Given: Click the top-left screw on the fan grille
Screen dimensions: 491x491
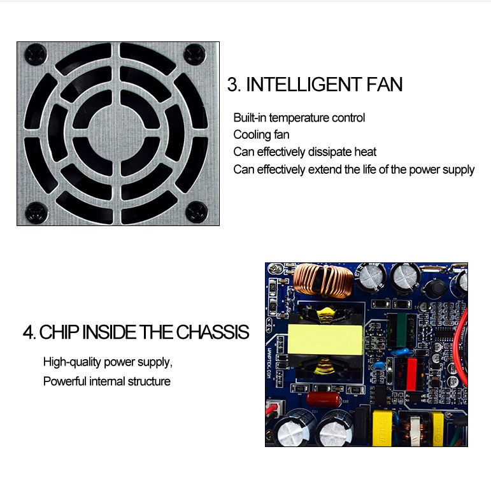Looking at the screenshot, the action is tap(36, 55).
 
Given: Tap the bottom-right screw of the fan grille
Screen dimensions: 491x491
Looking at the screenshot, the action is tap(197, 212).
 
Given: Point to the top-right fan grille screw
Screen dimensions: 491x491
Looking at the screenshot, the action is tap(194, 55).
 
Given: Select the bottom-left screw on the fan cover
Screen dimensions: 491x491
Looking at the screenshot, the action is tap(36, 213).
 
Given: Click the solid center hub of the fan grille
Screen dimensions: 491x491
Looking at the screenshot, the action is tap(116, 132).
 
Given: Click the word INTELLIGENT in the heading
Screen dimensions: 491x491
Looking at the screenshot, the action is tap(303, 84).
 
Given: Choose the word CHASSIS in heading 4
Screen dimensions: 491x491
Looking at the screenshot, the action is tap(213, 332).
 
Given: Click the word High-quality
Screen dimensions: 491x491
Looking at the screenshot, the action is tap(72, 362).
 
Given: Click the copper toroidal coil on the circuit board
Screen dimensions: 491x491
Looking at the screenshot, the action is tap(323, 280).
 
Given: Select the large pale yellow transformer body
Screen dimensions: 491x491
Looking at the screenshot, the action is tap(325, 339).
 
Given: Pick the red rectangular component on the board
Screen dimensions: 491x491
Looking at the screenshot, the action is tap(411, 374).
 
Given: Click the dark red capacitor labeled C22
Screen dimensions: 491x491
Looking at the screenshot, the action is tap(324, 399).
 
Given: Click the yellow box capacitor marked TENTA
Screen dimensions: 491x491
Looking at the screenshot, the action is tap(382, 428).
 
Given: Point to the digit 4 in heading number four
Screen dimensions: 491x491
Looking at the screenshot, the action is tap(29, 332).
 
